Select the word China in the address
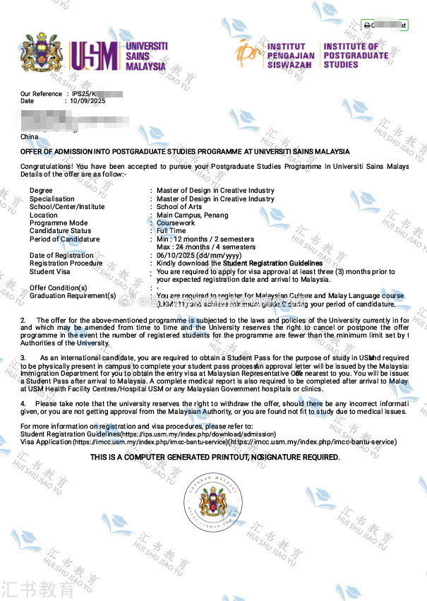[x=30, y=136]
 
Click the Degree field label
[x=41, y=191]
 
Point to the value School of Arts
[x=179, y=207]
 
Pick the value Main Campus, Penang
[x=193, y=215]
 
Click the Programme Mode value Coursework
[x=176, y=223]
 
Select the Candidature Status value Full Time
[x=172, y=231]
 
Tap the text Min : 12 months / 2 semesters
[x=206, y=239]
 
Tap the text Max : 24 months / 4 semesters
[x=206, y=247]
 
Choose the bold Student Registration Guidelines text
[x=263, y=263]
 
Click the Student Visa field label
[x=49, y=271]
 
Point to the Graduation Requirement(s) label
[x=73, y=296]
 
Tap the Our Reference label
[x=41, y=94]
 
